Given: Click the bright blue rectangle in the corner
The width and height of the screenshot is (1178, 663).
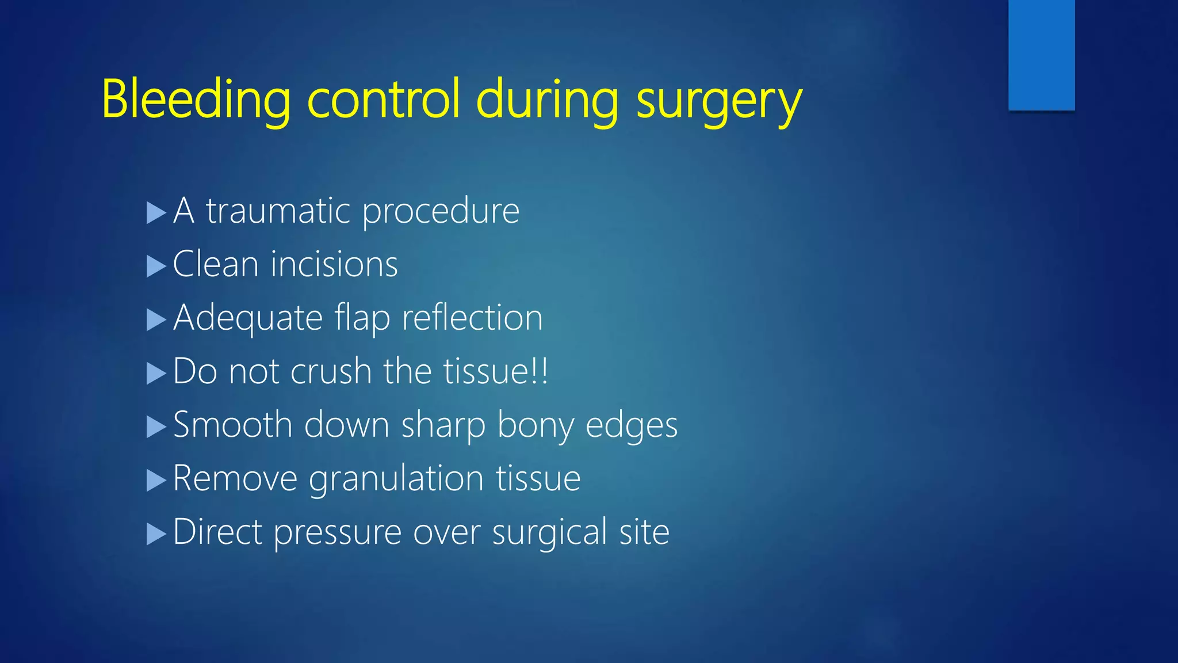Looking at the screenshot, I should click(x=1041, y=55).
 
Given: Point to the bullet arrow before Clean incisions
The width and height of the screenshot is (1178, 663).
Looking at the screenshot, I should click(x=156, y=266).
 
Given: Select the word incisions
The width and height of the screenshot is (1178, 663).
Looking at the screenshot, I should click(x=334, y=264).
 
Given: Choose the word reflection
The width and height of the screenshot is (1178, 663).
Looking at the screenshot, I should click(x=472, y=318).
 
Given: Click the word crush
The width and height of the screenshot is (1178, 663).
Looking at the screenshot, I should click(x=331, y=371).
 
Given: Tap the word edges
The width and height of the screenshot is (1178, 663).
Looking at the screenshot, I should click(x=632, y=426).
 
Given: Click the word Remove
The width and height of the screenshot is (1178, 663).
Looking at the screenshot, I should click(x=235, y=478).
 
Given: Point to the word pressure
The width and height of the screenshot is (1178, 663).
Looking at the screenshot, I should click(x=338, y=533).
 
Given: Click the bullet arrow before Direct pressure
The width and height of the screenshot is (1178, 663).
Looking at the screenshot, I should click(x=156, y=534).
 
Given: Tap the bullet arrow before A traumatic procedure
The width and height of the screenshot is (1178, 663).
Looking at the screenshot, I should click(x=156, y=213).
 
